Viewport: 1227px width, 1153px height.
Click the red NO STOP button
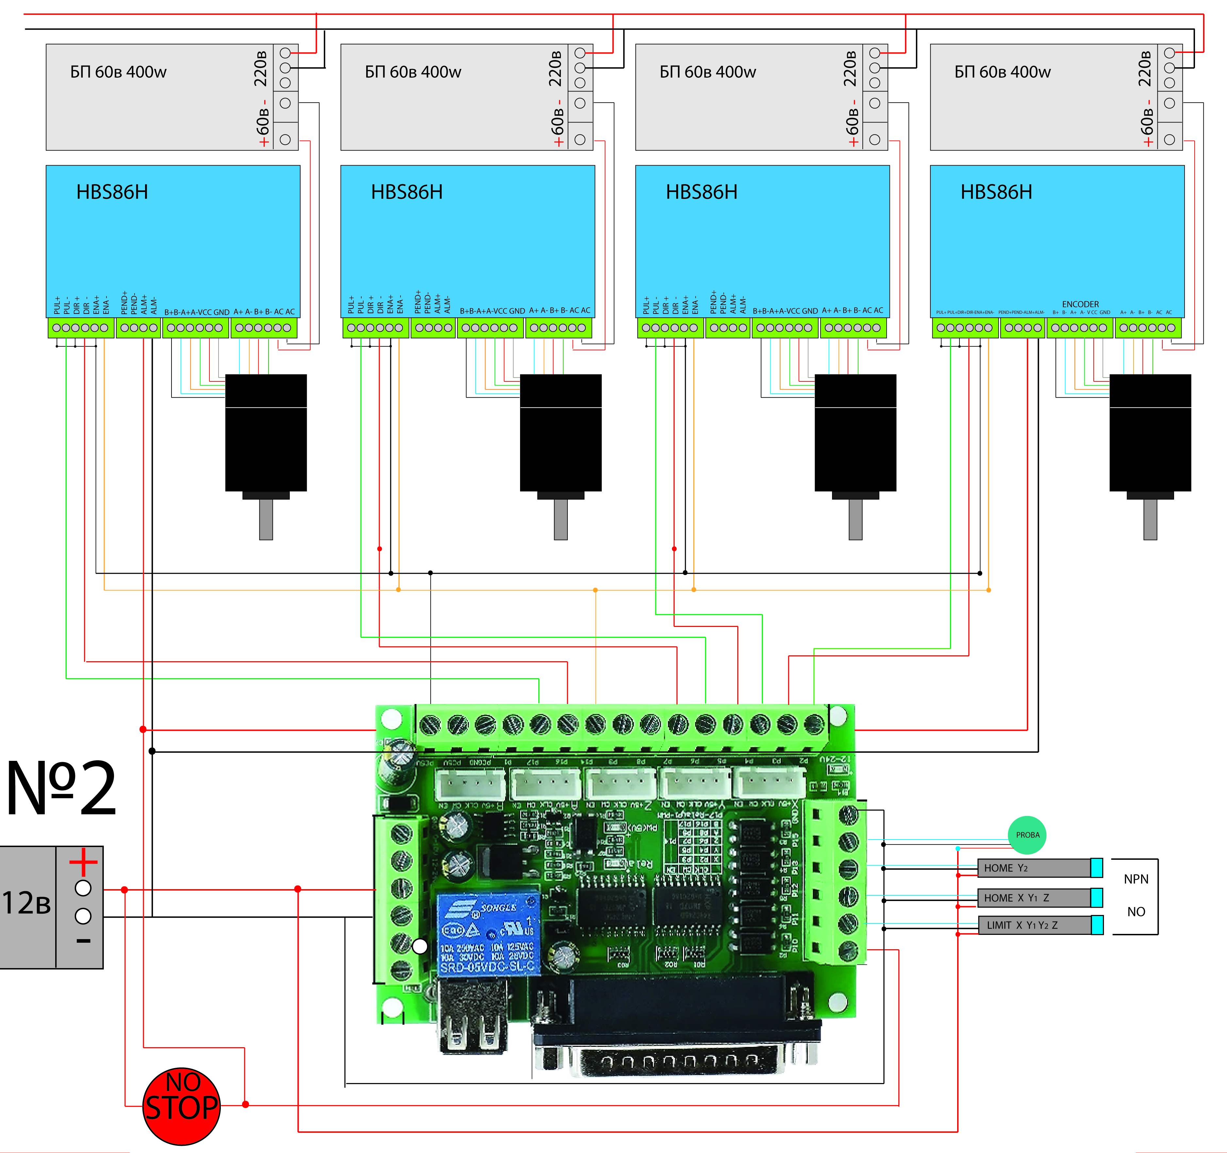click(181, 1106)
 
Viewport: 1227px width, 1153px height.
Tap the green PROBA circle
click(1027, 835)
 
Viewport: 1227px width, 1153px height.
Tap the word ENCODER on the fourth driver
click(1080, 304)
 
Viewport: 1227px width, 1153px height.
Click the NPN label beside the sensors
click(1136, 879)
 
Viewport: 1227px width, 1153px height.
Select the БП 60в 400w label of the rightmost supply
click(1002, 72)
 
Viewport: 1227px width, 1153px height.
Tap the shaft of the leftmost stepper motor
click(266, 520)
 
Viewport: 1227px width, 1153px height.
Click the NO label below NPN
click(1136, 912)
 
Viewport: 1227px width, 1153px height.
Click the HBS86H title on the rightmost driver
click(996, 192)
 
